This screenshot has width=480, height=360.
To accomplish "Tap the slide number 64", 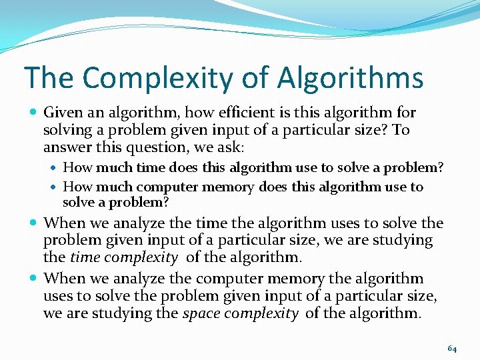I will (x=452, y=349).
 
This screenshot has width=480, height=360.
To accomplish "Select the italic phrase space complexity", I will (x=240, y=313).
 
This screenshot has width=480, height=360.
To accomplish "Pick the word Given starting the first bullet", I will (x=61, y=113).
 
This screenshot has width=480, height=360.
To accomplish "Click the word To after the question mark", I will (x=400, y=130).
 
